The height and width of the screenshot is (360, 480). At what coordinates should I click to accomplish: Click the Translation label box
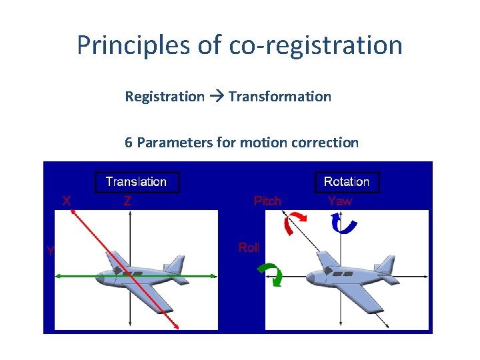click(x=136, y=182)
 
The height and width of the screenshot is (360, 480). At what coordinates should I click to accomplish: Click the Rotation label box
click(x=346, y=182)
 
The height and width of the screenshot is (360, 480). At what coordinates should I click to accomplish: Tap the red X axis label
click(x=67, y=200)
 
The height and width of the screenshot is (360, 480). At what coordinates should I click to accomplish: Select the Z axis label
click(x=127, y=201)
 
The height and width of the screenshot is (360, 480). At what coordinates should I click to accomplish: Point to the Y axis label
click(x=50, y=251)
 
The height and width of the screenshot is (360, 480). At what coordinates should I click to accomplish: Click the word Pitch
click(x=267, y=201)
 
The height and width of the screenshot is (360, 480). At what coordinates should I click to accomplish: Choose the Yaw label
click(x=340, y=201)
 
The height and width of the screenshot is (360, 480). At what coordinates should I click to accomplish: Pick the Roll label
click(x=249, y=248)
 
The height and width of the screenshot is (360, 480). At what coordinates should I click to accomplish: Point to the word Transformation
click(x=279, y=97)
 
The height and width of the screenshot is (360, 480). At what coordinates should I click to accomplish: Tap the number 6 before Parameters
click(x=129, y=142)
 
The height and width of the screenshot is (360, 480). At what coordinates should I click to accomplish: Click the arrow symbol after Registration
click(x=216, y=97)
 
